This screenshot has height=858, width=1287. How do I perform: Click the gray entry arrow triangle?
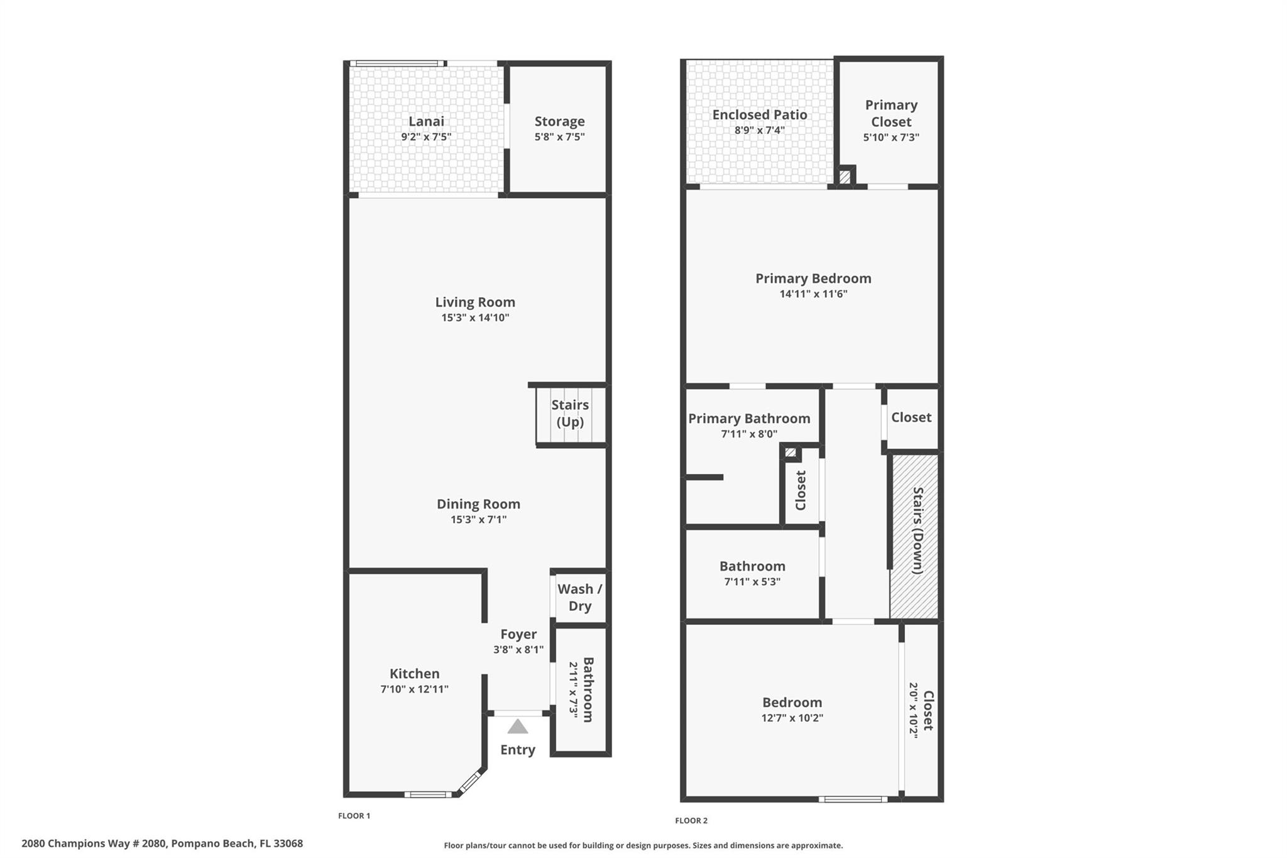(517, 727)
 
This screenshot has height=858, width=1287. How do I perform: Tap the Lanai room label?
(426, 121)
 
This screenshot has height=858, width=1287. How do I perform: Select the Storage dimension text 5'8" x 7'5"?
(559, 137)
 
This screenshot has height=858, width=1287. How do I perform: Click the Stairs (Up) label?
(570, 413)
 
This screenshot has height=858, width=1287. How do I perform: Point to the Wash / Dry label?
(579, 597)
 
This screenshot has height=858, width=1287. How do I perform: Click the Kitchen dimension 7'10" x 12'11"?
(414, 689)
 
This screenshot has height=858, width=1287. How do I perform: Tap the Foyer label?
(518, 634)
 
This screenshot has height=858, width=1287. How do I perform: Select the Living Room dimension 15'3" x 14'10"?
(475, 317)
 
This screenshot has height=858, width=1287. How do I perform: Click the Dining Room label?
(478, 504)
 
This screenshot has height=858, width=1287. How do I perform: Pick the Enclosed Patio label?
(759, 114)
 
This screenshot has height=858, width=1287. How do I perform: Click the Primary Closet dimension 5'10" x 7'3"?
(891, 137)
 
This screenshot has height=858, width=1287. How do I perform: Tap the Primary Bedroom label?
(813, 278)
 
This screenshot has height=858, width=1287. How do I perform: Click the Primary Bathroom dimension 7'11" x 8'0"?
(749, 434)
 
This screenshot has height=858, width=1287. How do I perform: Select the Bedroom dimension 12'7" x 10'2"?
(792, 718)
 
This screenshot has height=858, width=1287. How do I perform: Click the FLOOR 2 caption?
(691, 820)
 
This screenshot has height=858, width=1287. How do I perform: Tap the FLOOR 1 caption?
(354, 816)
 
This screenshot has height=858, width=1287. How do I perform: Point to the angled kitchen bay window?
(469, 783)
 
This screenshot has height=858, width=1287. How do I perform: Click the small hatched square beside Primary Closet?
(845, 177)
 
